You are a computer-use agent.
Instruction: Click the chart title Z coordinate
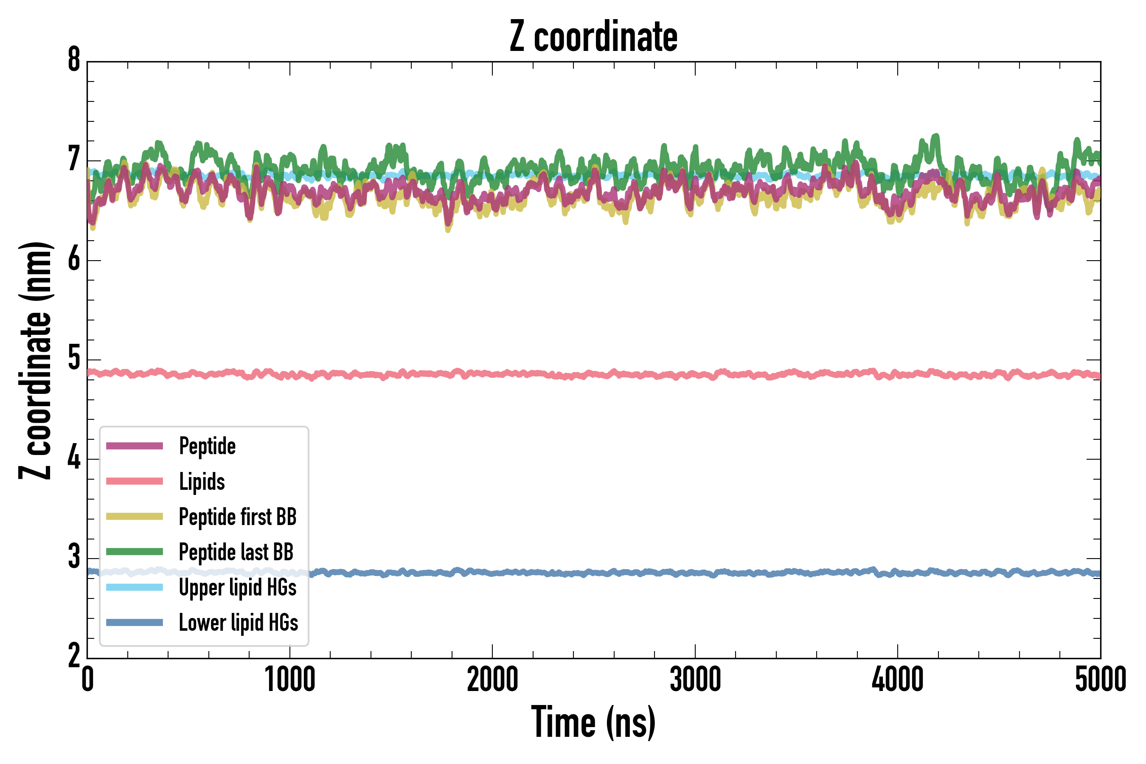(593, 37)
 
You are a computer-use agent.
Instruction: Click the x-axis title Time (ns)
(593, 722)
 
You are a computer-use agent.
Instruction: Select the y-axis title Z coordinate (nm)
(35, 360)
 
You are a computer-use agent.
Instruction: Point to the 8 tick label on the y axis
(74, 61)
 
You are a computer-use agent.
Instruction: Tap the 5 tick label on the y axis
(74, 359)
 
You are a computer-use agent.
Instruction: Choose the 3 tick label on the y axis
(74, 557)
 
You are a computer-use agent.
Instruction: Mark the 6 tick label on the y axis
(74, 259)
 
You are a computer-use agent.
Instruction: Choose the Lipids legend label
(202, 482)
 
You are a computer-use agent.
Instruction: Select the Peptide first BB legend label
(238, 517)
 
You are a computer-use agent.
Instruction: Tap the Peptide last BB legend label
(236, 552)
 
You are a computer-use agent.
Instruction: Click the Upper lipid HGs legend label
(238, 587)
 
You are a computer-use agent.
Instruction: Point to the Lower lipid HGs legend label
(239, 623)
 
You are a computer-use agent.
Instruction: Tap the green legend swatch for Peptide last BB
(135, 551)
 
